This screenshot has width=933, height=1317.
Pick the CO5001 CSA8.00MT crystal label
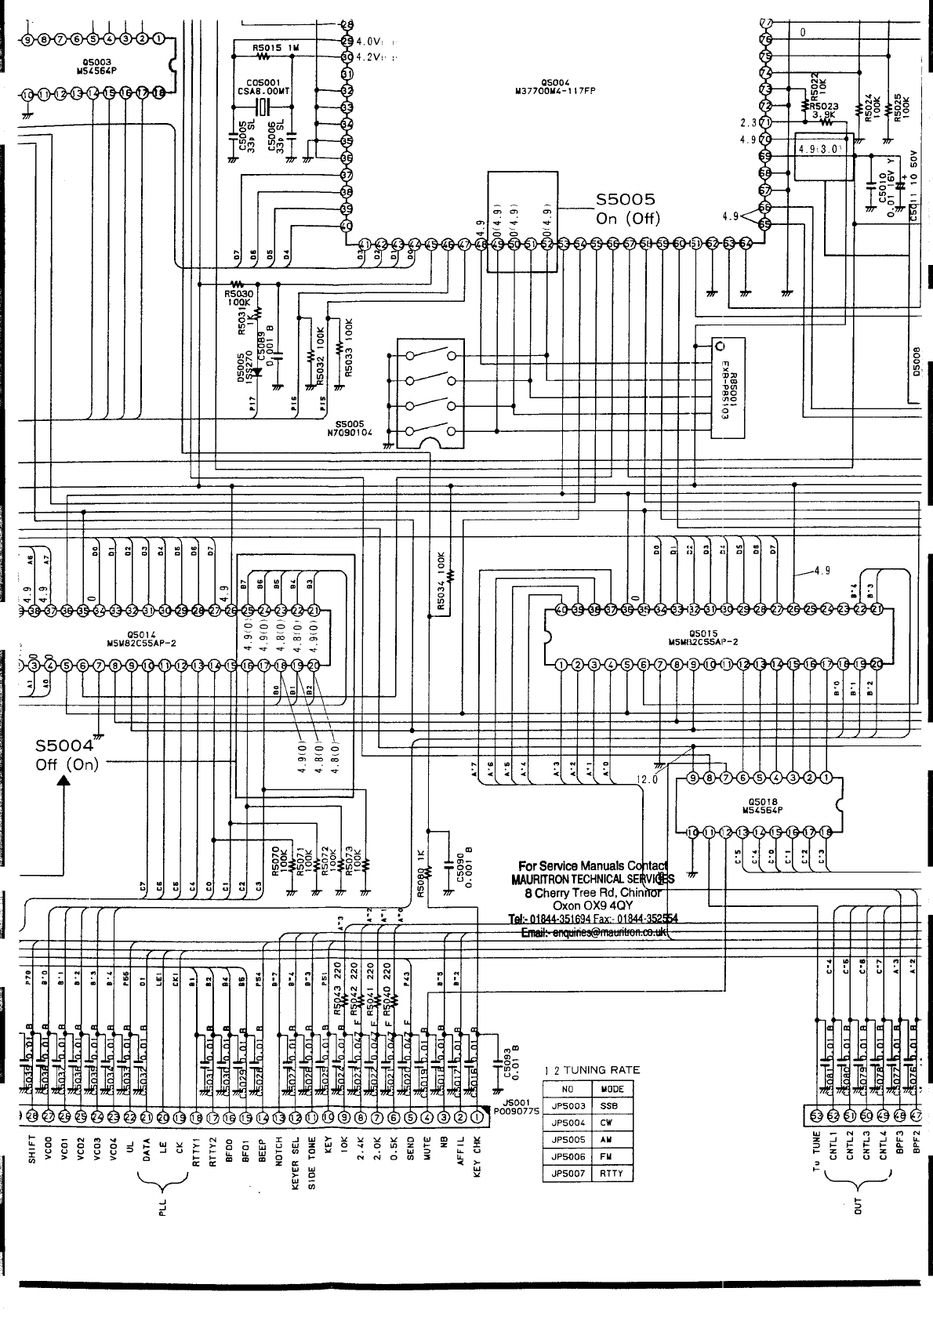click(269, 86)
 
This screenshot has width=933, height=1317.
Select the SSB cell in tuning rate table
click(611, 1105)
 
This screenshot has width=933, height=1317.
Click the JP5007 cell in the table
click(568, 1174)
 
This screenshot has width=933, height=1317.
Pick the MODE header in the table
click(612, 1089)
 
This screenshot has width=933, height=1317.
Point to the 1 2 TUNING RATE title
click(592, 1069)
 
